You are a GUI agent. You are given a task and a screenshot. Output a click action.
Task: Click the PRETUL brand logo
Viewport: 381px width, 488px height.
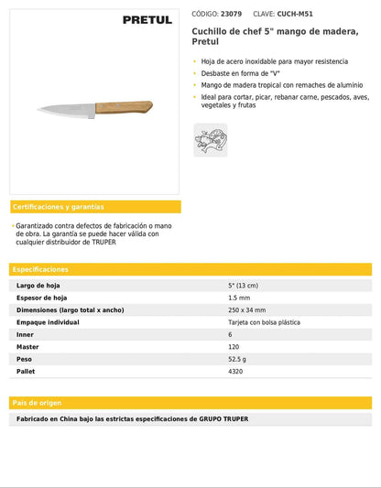147,19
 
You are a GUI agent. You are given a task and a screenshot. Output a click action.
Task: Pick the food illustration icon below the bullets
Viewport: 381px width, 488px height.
210,140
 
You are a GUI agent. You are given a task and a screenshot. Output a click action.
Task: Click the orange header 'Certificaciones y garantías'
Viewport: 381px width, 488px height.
59,207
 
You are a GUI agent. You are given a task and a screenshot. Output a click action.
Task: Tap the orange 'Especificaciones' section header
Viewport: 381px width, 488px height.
41,269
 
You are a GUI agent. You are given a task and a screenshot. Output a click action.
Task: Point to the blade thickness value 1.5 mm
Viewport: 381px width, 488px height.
238,298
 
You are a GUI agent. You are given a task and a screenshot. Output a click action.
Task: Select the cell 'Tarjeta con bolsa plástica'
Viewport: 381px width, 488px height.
264,322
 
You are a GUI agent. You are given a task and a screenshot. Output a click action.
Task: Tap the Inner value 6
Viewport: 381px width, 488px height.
230,334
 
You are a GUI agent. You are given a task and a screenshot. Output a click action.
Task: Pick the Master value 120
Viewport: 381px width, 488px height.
234,347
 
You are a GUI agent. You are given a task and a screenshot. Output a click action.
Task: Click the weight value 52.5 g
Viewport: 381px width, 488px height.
237,359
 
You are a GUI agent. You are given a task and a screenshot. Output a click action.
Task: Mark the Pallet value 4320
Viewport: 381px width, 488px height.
235,371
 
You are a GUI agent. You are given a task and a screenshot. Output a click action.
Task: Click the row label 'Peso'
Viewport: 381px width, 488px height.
25,359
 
